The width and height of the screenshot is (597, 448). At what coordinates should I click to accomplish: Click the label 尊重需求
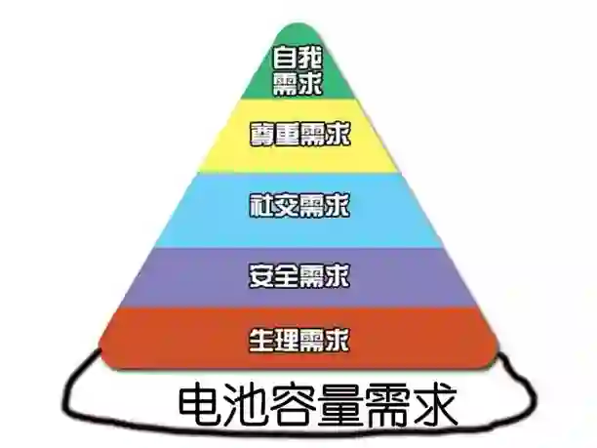[x=298, y=132]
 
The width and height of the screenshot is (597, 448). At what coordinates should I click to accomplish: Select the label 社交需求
[x=298, y=206]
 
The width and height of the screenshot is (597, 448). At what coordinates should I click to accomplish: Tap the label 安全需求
[x=298, y=275]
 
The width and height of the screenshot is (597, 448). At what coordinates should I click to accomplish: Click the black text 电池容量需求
[x=317, y=403]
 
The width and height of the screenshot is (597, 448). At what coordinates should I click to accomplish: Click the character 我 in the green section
[x=309, y=56]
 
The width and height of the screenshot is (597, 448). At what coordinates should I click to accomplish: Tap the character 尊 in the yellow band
[x=262, y=132]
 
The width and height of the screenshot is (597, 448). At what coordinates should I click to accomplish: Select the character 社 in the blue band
[x=261, y=206]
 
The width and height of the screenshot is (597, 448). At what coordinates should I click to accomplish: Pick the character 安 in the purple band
[x=261, y=275]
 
